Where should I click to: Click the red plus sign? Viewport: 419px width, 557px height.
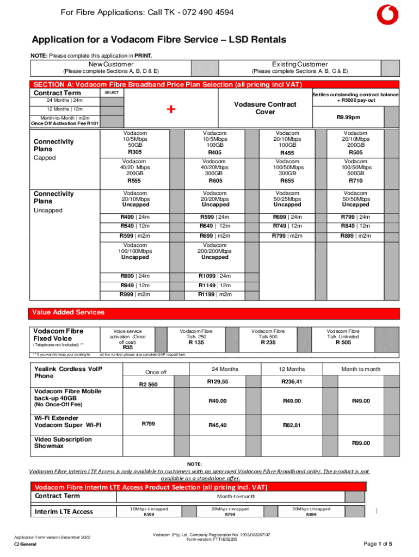pos(171,110)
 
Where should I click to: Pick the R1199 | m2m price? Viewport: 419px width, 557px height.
pos(215,294)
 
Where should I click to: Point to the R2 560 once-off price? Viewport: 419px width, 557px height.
pos(149,385)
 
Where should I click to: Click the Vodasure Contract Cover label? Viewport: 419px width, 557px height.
pos(257,108)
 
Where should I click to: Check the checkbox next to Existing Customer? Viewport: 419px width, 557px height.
pos(389,68)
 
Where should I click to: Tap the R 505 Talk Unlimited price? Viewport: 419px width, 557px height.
pos(343,342)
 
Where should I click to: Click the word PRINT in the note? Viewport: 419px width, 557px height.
pos(143,56)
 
